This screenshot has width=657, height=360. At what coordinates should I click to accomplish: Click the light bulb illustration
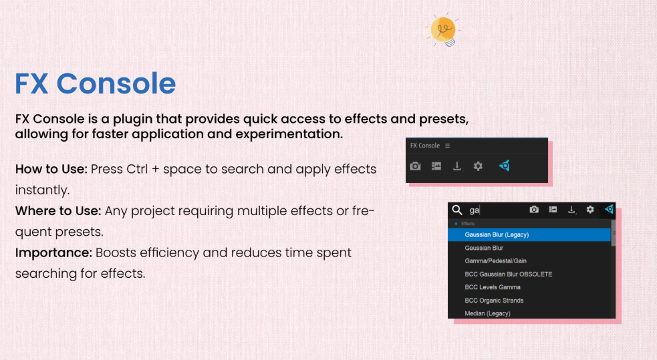click(x=443, y=31)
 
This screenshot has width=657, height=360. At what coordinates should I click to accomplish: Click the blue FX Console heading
click(x=95, y=83)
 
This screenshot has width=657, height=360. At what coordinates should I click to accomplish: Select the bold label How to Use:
click(x=51, y=169)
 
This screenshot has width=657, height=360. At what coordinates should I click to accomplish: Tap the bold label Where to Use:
click(x=58, y=210)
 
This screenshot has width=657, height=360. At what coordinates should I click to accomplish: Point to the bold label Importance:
click(x=53, y=253)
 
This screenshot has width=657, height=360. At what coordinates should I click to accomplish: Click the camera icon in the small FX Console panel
click(x=415, y=166)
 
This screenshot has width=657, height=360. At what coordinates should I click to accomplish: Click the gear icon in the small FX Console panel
click(x=478, y=166)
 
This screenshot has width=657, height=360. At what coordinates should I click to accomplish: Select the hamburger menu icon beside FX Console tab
click(x=448, y=146)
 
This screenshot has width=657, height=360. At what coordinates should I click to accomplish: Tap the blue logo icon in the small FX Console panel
click(x=504, y=166)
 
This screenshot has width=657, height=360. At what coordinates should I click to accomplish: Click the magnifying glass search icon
click(x=457, y=210)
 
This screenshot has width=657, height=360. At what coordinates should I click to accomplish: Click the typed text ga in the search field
click(x=474, y=210)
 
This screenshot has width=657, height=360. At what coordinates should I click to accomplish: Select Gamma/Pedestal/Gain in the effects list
click(x=496, y=260)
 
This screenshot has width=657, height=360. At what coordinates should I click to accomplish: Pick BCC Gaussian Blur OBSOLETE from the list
click(x=508, y=275)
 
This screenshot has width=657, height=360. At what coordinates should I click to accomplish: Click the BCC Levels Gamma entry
click(x=493, y=287)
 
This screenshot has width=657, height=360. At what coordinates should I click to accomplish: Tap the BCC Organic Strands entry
click(x=494, y=301)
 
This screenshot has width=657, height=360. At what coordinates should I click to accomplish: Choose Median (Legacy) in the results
click(x=487, y=313)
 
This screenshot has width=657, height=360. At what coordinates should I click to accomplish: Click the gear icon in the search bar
click(x=590, y=209)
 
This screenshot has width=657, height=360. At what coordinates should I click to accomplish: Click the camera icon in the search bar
click(x=534, y=209)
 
